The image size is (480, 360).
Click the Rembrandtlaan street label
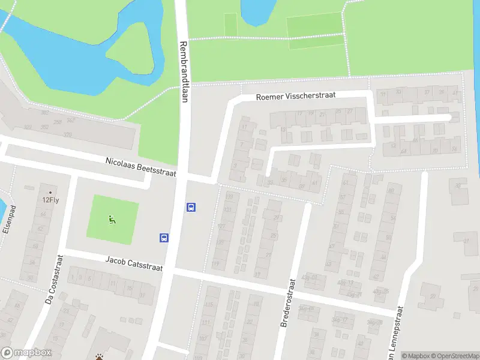(x=184, y=71)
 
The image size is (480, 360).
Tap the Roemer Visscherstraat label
(x=295, y=95)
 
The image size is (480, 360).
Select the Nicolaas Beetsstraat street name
(x=141, y=167)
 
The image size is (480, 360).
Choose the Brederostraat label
(x=289, y=303)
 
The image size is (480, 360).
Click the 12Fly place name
(x=50, y=201)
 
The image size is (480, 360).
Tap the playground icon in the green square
(x=112, y=220)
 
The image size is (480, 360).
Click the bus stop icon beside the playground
(x=164, y=238)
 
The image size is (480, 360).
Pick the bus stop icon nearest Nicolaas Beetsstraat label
(x=191, y=207)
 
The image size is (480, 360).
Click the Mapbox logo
(x=26, y=353)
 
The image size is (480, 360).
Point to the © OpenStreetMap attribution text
(x=454, y=356)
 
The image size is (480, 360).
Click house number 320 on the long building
(x=67, y=135)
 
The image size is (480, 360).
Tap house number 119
(x=215, y=265)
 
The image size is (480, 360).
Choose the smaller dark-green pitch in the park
(x=230, y=23)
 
